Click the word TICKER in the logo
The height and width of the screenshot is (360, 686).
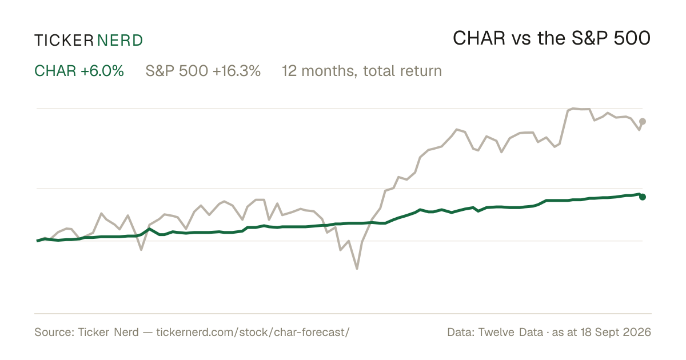click(64, 41)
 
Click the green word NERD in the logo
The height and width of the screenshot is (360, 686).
click(119, 41)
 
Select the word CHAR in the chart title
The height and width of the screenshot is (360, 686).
click(479, 38)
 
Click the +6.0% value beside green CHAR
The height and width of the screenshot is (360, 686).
click(102, 71)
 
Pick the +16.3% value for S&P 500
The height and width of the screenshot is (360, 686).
click(236, 71)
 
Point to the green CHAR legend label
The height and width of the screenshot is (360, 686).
click(55, 71)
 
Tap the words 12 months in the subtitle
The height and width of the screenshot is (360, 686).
click(320, 71)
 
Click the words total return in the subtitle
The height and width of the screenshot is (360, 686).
click(402, 71)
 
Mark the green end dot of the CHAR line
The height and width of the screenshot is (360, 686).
click(643, 197)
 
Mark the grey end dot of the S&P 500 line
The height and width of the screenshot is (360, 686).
click(643, 122)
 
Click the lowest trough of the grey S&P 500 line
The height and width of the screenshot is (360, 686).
click(357, 269)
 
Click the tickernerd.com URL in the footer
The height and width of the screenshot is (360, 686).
click(253, 332)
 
